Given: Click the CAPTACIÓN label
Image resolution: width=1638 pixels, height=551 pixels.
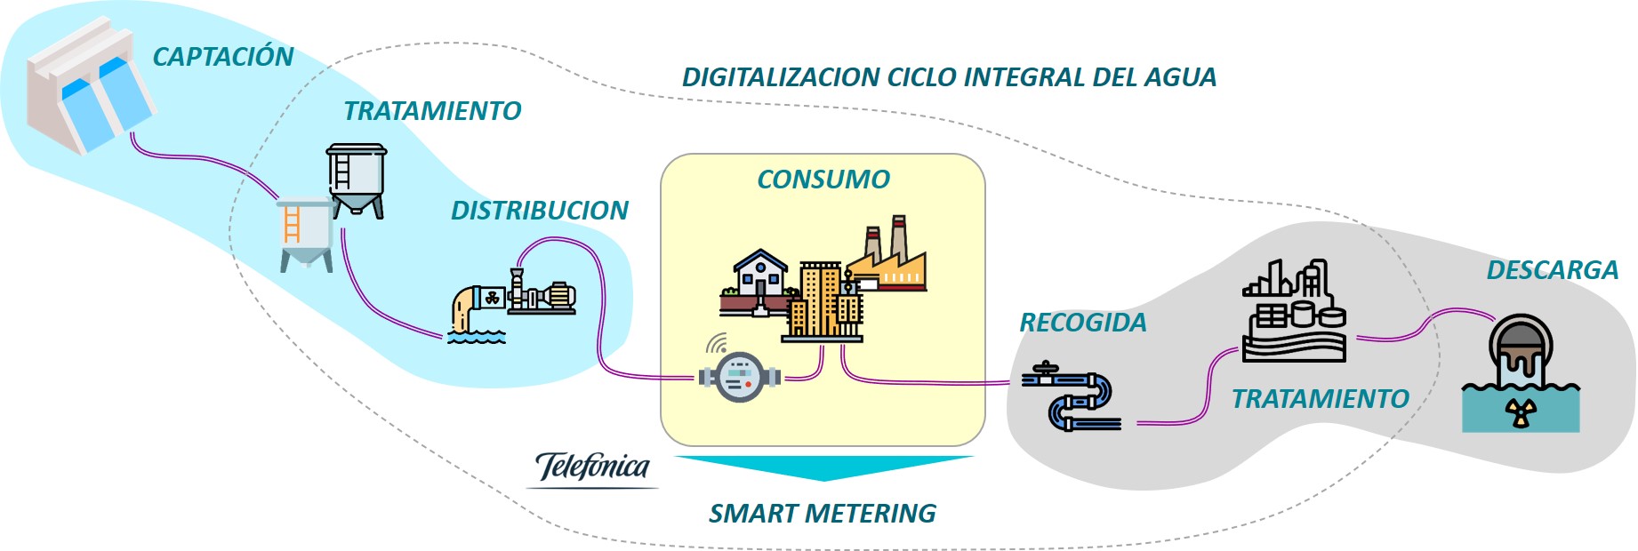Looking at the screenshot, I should point(222,57).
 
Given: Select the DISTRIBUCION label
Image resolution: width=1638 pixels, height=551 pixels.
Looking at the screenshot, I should point(539,211).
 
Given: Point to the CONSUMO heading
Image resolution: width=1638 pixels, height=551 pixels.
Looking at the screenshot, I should point(823,180).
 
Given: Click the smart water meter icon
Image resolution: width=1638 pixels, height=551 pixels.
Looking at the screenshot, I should point(740,378).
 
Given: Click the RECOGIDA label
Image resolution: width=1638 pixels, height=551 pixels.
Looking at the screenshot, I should point(1082,323).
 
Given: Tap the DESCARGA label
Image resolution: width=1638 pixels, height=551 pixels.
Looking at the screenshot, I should point(1552,270).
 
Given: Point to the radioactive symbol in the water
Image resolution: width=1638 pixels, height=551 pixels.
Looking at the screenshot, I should point(1521,413).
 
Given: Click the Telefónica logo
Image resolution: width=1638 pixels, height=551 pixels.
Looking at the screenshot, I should point(593,467).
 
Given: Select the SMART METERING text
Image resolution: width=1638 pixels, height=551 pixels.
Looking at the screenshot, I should point(822,514).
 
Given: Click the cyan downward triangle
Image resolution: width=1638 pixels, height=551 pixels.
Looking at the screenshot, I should point(823,467).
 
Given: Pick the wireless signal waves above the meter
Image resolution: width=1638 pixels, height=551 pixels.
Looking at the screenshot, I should point(717,343).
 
